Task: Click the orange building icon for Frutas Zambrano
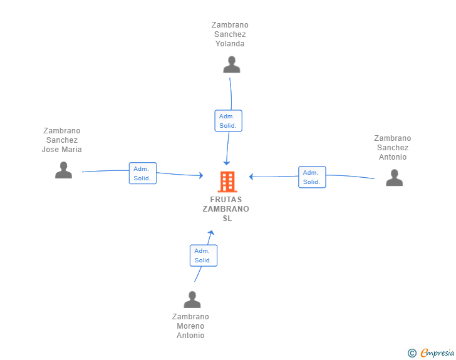click(227, 182)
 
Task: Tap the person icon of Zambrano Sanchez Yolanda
click(232, 64)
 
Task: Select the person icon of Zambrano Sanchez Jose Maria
click(63, 170)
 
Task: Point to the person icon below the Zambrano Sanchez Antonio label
click(395, 177)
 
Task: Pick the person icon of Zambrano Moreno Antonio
click(192, 299)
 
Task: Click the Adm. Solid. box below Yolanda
click(228, 121)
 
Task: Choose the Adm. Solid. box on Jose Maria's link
click(143, 173)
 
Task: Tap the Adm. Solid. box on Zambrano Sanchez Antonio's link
click(312, 177)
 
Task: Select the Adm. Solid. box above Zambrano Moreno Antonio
click(204, 255)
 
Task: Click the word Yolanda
click(230, 44)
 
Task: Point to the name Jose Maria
click(61, 150)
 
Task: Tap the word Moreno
click(190, 326)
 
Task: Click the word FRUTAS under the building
click(226, 200)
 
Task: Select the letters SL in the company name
click(227, 219)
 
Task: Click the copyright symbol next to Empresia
click(412, 353)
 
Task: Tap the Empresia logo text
click(437, 352)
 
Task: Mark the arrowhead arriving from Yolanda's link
click(227, 163)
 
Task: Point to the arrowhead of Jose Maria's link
click(201, 175)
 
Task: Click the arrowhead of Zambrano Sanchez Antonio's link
click(251, 177)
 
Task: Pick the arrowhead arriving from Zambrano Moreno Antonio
click(212, 233)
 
